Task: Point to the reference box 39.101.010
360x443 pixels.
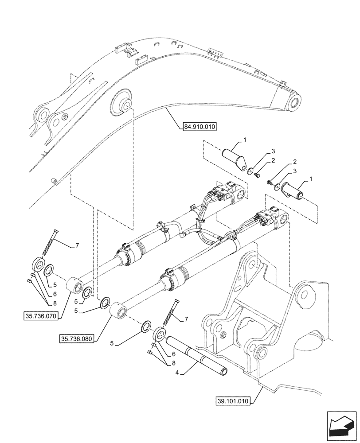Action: pyautogui.click(x=234, y=402)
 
